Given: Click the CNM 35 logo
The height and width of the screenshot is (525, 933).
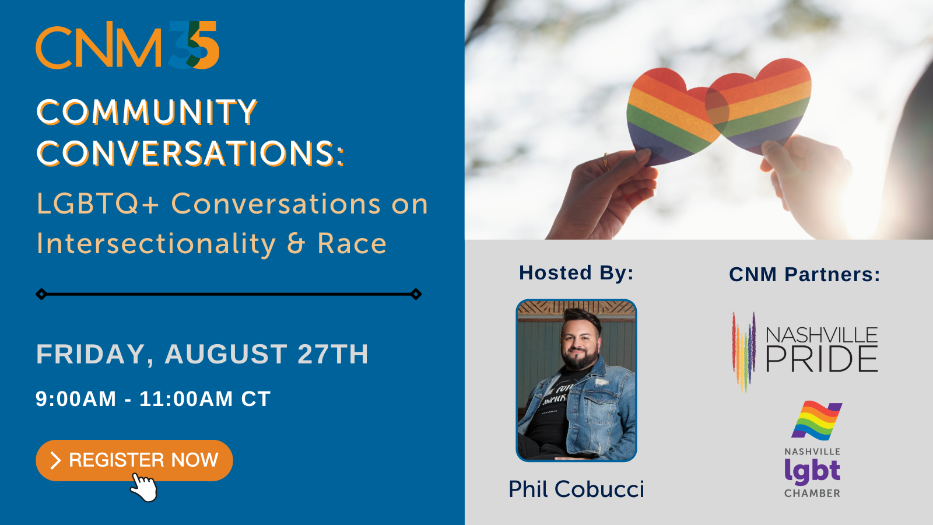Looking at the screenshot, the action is tap(128, 45).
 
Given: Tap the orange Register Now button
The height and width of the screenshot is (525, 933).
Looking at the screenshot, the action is tap(134, 460).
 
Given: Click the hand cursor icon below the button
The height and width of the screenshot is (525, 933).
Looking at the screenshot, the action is tap(143, 488).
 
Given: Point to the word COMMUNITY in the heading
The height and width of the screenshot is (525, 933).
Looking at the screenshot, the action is tap(147, 111).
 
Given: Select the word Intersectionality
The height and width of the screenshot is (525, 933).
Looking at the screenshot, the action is tap(156, 244).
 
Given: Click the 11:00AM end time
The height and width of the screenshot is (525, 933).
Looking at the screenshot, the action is tap(186, 399).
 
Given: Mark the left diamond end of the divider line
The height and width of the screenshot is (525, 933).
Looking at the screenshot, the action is tap(41, 294).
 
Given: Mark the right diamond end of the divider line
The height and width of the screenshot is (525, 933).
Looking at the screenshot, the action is tap(416, 294).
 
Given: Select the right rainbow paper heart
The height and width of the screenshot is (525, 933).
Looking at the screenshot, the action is tap(759, 105).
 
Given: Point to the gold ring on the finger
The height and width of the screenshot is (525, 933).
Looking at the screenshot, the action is tap(606, 161).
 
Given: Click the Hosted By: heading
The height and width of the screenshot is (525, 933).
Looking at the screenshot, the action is tap(577, 273).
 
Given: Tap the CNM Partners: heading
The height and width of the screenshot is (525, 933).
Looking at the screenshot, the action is tap(805, 275).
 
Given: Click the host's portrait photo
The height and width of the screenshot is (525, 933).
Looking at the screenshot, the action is tap(577, 380).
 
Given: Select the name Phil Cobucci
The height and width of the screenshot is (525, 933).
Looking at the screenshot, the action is tap(577, 489).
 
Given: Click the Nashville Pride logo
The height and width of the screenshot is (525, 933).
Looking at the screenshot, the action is tap(805, 352).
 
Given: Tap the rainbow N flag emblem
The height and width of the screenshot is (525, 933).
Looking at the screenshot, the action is tap(817, 421).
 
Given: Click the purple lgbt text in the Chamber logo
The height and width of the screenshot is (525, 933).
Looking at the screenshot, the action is tap(812, 472).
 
